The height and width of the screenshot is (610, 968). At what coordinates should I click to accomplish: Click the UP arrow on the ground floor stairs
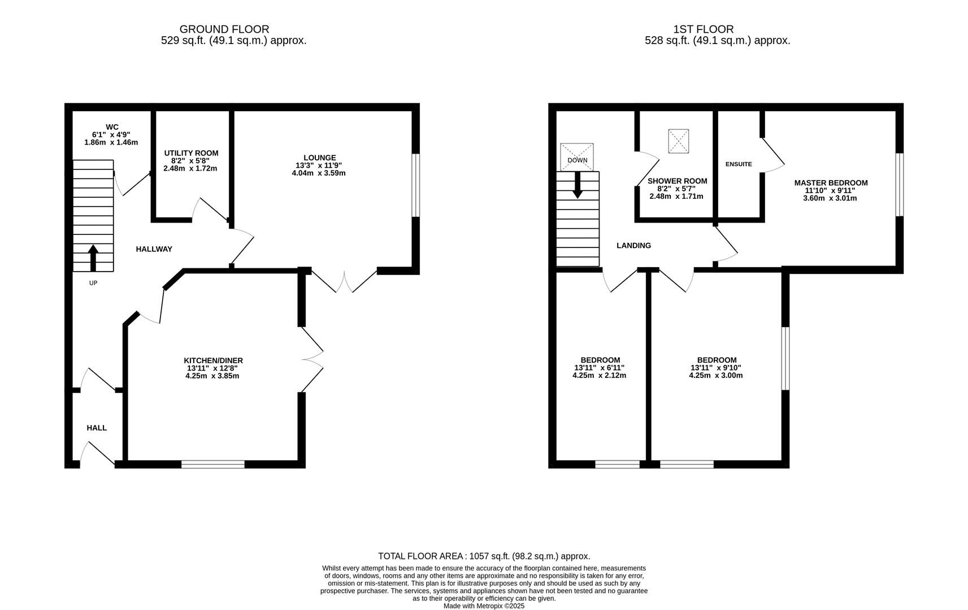click(x=93, y=258)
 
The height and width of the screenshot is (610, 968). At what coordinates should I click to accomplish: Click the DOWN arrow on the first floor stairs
click(x=577, y=185)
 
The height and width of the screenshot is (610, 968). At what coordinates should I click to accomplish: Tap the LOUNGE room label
click(x=319, y=158)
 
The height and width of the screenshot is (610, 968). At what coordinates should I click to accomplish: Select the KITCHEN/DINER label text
click(x=213, y=360)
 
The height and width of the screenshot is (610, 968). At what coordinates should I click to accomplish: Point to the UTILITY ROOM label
click(x=191, y=153)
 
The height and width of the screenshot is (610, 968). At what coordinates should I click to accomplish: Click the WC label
click(x=112, y=127)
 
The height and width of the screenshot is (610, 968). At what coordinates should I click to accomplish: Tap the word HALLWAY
click(x=154, y=249)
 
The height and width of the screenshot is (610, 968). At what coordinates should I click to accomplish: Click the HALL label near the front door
click(x=97, y=428)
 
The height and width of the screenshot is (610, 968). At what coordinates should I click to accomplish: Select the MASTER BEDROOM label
click(x=831, y=182)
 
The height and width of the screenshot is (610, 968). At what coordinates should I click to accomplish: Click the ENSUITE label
click(x=739, y=164)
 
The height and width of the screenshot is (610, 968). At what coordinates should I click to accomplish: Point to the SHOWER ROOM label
click(x=677, y=181)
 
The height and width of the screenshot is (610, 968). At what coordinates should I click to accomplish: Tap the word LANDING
click(x=633, y=246)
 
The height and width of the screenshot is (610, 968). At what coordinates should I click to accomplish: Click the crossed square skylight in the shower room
click(x=679, y=141)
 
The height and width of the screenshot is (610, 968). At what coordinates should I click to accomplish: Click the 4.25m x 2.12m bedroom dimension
click(x=599, y=375)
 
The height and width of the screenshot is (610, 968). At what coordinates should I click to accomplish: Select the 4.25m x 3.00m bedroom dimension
click(x=715, y=375)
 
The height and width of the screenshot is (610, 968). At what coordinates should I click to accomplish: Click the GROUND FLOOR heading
click(x=224, y=29)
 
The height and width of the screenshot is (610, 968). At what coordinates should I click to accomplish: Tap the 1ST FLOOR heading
click(x=704, y=29)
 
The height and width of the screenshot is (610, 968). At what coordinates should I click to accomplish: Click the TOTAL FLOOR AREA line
click(x=484, y=556)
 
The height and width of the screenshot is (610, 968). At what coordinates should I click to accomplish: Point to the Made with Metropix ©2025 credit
click(x=484, y=605)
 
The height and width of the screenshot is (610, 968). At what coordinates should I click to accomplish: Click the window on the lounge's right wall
click(x=416, y=185)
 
